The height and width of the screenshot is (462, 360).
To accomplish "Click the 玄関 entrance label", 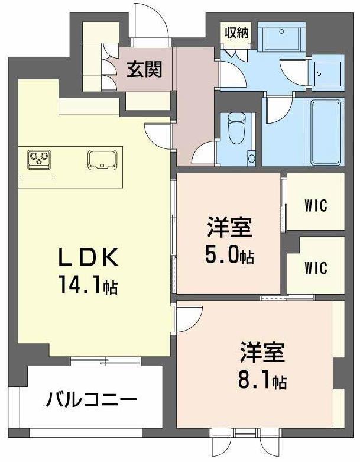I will tap(144, 70).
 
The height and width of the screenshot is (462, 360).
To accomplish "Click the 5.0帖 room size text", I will tap(231, 256).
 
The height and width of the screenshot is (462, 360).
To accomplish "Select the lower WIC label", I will tap(316, 267).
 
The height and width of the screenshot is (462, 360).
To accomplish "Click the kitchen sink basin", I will tap(102, 159).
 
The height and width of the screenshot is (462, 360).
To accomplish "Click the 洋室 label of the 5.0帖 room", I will tap(230, 227).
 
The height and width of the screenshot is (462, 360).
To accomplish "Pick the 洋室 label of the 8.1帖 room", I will tap(262, 353).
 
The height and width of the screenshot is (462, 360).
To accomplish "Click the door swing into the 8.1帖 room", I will tap(189, 318).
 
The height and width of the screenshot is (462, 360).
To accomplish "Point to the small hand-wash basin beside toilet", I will tap(251, 159).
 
